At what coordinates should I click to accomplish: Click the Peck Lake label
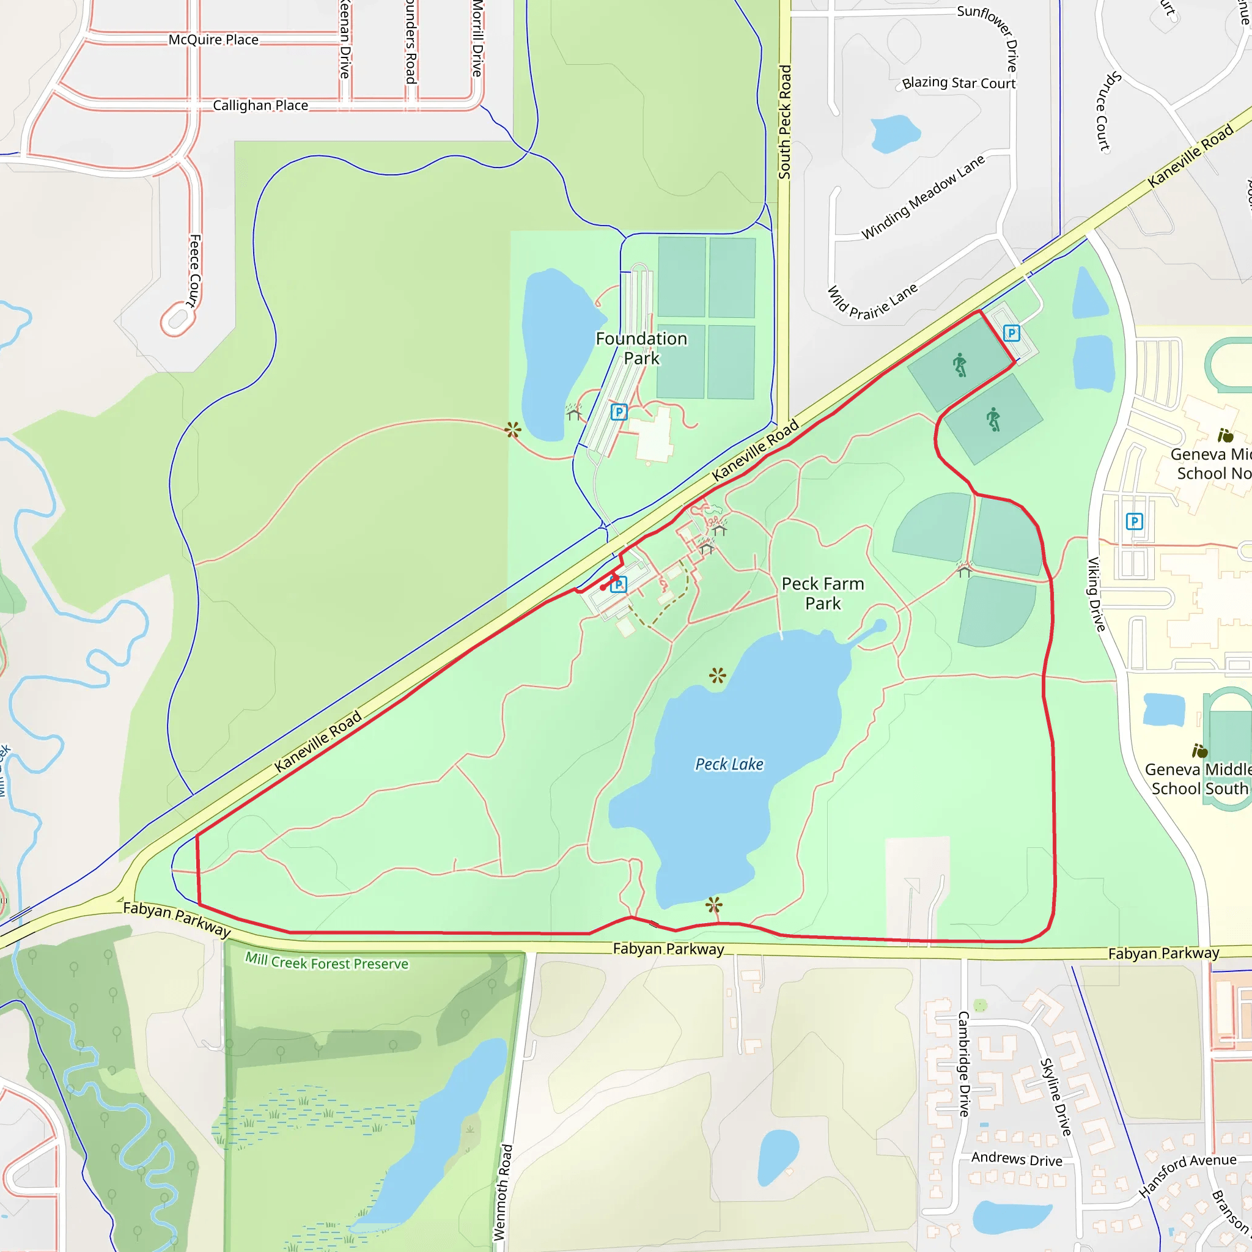(x=729, y=765)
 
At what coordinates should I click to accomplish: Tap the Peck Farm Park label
(x=822, y=594)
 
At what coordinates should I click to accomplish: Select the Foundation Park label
(x=641, y=348)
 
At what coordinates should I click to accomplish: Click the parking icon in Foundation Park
(x=619, y=411)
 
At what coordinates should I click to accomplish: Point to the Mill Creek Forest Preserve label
(x=326, y=962)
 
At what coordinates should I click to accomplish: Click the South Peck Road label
(x=785, y=122)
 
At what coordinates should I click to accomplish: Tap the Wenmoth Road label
(x=504, y=1192)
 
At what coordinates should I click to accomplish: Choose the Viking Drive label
(x=1096, y=594)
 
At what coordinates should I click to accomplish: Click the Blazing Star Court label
(x=959, y=83)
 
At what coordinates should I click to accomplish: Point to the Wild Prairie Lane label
(x=872, y=303)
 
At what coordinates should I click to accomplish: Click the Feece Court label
(x=194, y=270)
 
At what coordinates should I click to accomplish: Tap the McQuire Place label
(x=213, y=40)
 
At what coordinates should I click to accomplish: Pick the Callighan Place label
(x=260, y=105)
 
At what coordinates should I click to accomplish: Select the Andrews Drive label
(x=1017, y=1159)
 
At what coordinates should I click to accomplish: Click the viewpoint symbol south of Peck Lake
(x=714, y=904)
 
